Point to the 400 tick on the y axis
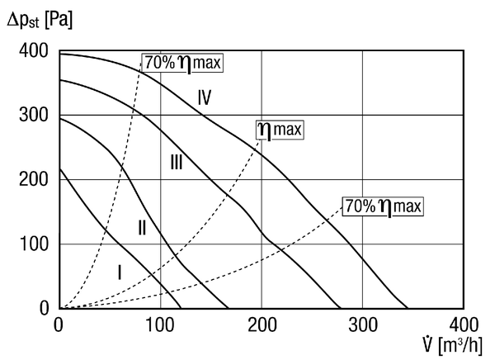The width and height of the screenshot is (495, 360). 34,50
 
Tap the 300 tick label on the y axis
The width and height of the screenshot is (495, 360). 34,115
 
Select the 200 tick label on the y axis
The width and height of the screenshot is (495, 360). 34,179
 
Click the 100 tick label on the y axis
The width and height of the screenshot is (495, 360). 34,244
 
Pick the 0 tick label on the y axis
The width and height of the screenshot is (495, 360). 45,308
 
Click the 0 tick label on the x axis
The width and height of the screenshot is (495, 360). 59,324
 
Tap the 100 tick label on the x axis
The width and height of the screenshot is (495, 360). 160,324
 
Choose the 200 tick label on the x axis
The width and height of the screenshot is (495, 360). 262,324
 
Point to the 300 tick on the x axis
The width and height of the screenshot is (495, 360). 363,324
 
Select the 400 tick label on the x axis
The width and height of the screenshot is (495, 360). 464,324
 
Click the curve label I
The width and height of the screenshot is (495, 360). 120,272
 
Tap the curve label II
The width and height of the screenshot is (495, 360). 142,228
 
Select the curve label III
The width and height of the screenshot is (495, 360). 177,163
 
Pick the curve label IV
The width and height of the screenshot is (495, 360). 205,97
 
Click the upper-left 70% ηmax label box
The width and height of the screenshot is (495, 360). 183,63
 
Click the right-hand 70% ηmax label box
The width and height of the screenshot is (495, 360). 383,206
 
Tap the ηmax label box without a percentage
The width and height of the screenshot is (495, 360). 280,130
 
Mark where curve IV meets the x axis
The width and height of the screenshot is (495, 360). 408,308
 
